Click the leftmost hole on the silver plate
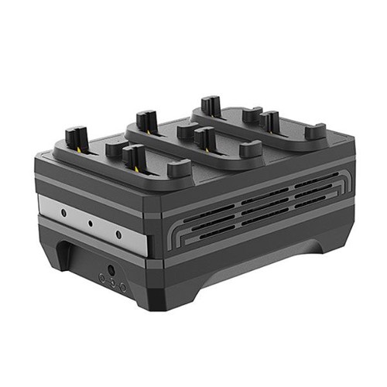pos(60,210)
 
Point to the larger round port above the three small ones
pos(110,271)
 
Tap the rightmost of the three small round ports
pos(122,287)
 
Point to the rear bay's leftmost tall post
pos(208,104)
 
